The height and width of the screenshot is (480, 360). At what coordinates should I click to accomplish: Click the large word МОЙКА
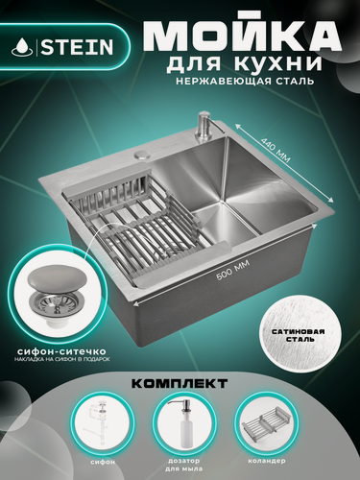pyautogui.click(x=240, y=34)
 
